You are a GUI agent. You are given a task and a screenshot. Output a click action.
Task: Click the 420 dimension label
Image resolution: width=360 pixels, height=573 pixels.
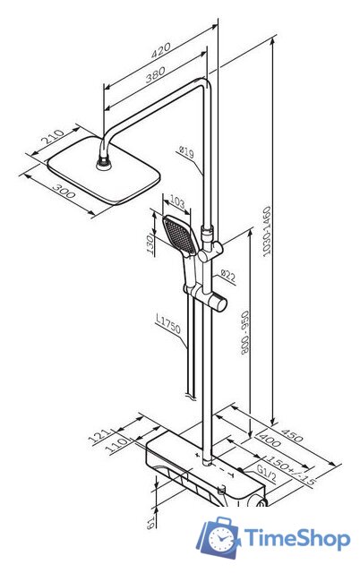point(161,50)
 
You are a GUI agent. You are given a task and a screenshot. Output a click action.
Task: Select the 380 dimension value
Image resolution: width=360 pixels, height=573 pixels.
point(155,74)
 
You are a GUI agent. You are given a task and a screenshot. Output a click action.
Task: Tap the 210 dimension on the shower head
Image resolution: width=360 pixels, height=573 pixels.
point(52,136)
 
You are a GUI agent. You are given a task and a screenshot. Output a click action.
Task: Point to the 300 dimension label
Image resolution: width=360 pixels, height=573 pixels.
point(64,191)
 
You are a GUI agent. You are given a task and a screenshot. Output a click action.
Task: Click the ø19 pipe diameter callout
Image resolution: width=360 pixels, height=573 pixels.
point(187,151)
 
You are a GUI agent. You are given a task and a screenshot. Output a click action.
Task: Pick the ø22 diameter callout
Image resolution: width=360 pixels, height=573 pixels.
point(228,275)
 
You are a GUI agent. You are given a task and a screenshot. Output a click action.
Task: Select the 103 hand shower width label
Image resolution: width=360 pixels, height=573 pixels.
point(177,203)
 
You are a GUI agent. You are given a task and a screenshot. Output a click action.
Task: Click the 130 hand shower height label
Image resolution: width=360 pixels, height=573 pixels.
point(150,244)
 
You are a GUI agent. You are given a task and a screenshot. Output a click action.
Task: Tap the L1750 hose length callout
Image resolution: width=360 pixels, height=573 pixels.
point(168,324)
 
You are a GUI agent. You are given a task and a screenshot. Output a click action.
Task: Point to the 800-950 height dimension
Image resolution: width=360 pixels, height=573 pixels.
point(244,332)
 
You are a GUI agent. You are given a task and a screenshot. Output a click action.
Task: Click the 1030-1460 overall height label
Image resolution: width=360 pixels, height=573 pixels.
point(267,231)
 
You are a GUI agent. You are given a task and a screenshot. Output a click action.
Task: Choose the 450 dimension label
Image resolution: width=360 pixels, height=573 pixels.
point(291,433)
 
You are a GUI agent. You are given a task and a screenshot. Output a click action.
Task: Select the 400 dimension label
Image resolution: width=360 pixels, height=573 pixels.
point(270,440)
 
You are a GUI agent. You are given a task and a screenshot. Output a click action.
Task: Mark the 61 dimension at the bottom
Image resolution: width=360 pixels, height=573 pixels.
point(150,523)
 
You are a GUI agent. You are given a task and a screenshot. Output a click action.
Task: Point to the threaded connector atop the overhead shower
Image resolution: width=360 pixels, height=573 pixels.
point(104,163)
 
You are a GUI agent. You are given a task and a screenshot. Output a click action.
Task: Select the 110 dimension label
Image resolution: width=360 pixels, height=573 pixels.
point(117,446)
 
